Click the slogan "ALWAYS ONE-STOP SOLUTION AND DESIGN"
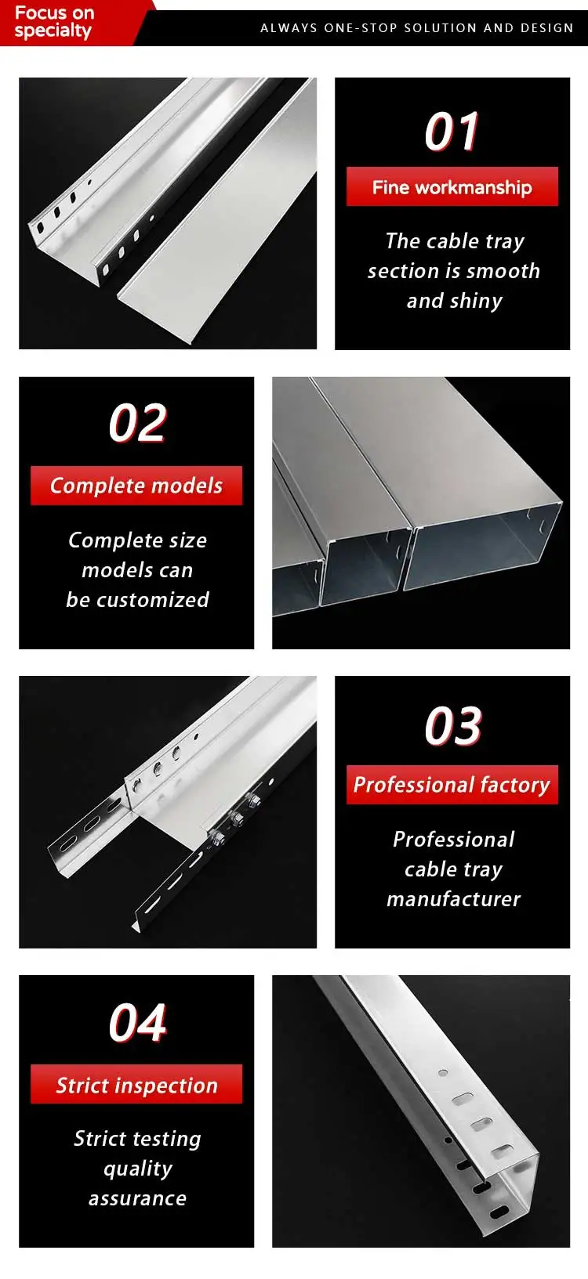[416, 28]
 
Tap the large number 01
[452, 132]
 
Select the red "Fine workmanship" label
[452, 187]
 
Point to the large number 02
[137, 424]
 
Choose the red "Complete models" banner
[136, 486]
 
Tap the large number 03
[452, 726]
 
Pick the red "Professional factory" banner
[452, 785]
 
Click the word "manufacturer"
[453, 899]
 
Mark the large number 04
[137, 1023]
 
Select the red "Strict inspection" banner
[136, 1085]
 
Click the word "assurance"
[137, 1198]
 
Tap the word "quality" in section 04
[137, 1169]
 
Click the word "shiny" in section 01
[476, 302]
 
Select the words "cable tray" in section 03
[453, 869]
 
